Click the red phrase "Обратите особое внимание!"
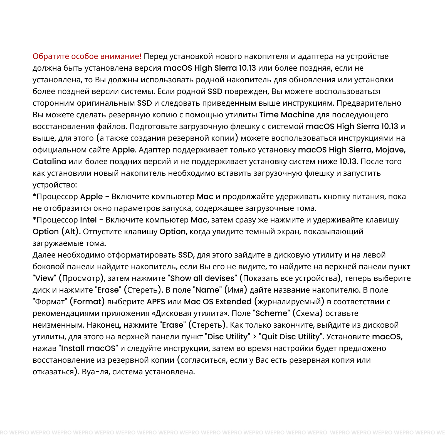coord(87,56)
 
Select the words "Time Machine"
coord(287,115)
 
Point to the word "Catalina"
coord(49,162)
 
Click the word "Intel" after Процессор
coord(88,220)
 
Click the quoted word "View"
coord(44,278)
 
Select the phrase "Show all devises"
coord(202,278)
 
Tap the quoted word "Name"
coord(207,290)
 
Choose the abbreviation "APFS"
coord(156,302)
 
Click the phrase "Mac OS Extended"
coord(218,302)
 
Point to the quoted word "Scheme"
coord(271,313)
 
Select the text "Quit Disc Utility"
coord(290,337)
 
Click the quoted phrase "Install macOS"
coord(88,348)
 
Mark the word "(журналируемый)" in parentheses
coord(289,302)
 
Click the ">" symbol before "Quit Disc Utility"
coord(254,337)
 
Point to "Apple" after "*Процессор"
coord(92,197)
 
